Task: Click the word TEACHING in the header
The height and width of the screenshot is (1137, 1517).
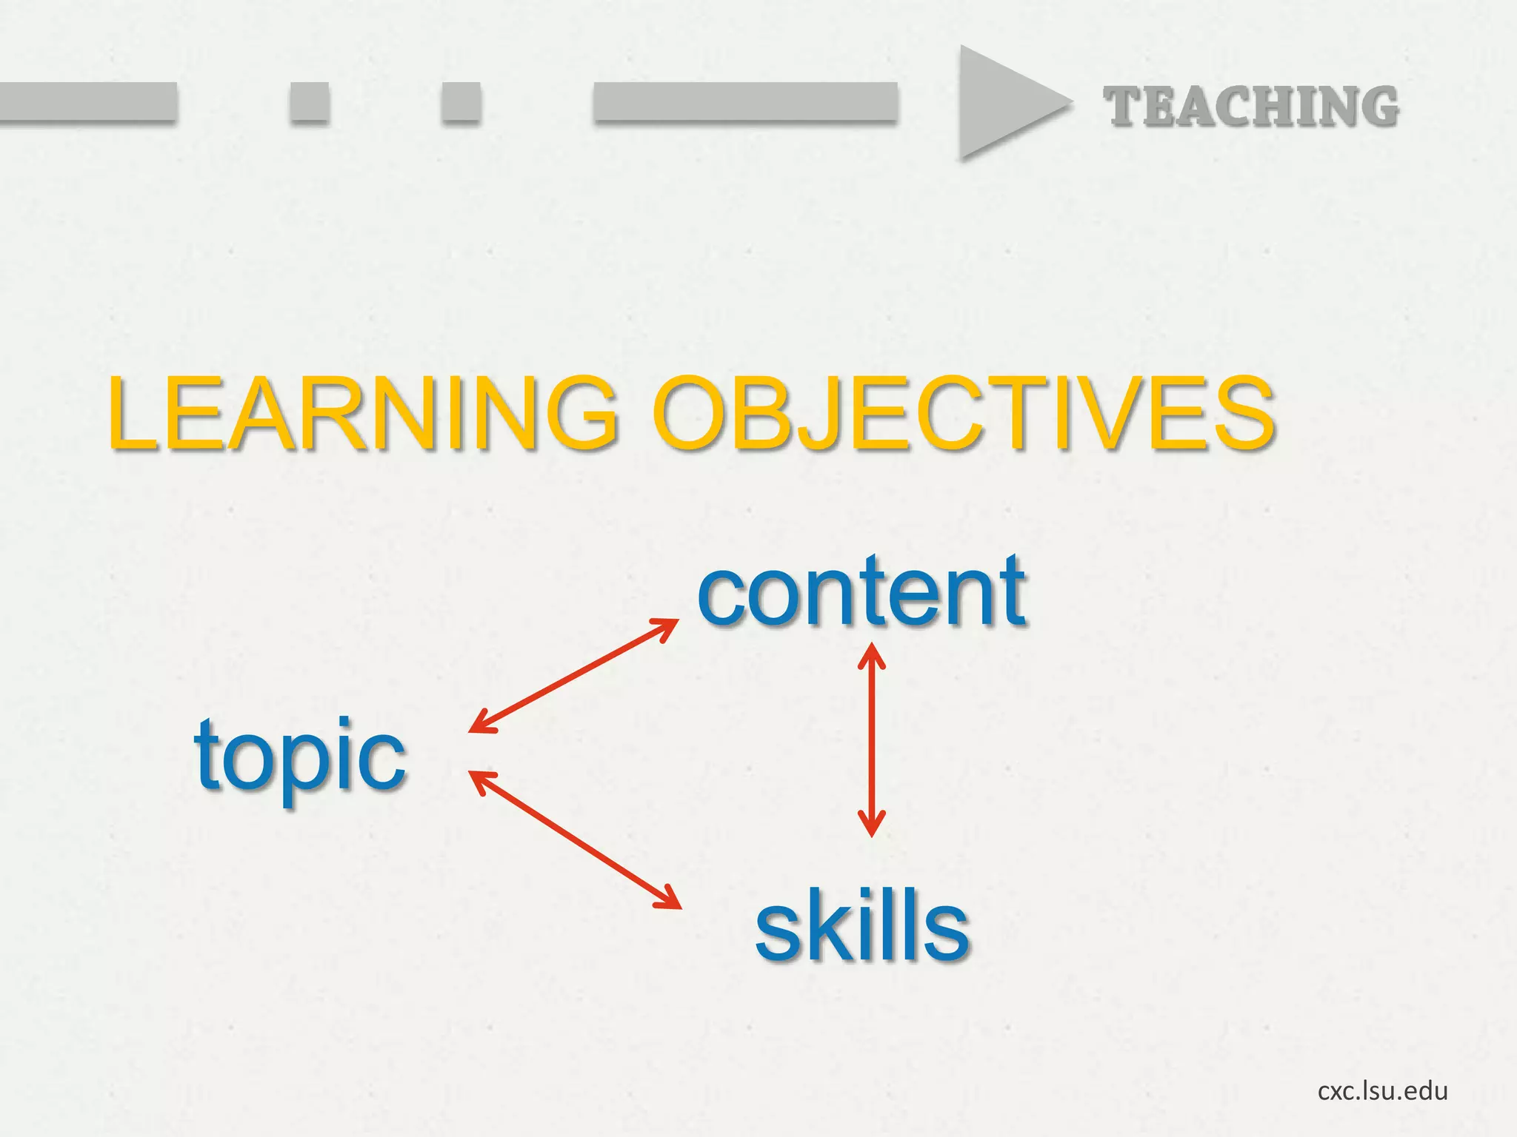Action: [x=1251, y=107]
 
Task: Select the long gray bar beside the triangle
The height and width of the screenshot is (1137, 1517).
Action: [x=745, y=101]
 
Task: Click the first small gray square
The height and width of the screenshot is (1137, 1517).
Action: [x=309, y=101]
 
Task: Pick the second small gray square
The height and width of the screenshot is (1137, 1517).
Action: [x=461, y=101]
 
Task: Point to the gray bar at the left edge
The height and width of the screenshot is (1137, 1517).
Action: [x=87, y=101]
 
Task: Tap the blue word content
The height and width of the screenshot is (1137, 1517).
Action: [x=861, y=592]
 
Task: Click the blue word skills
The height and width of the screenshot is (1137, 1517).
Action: [x=861, y=925]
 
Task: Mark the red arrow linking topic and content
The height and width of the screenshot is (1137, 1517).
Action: [x=574, y=675]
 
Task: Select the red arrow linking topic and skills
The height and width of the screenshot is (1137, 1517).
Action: [x=576, y=839]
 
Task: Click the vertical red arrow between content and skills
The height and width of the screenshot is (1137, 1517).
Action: [x=872, y=740]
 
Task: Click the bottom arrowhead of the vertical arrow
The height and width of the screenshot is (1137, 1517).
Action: [x=872, y=825]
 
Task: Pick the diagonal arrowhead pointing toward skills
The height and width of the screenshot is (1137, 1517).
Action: [x=670, y=899]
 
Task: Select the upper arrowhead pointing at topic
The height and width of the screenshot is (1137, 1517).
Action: [x=480, y=723]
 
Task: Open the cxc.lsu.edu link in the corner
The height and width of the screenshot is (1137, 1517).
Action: [x=1382, y=1090]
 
